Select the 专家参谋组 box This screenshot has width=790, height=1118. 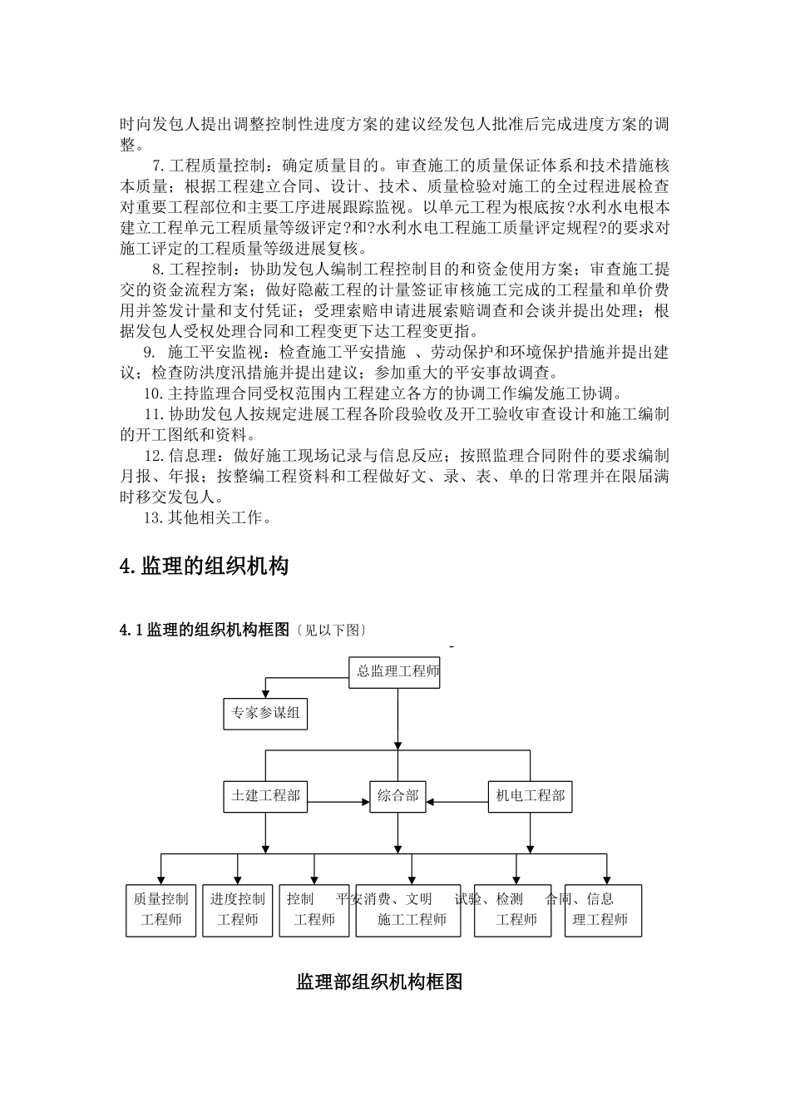coord(265,713)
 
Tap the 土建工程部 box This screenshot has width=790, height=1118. coord(265,796)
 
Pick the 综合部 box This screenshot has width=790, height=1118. coord(397,796)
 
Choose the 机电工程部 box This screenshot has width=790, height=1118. coord(530,796)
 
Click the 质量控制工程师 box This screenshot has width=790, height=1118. coord(161,910)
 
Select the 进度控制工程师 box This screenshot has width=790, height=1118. coord(238,910)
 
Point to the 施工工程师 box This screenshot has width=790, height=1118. coord(408,910)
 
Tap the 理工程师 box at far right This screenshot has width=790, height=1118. coord(603,910)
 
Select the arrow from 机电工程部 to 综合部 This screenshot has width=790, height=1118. coord(457,802)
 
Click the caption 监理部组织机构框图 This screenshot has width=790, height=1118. coord(379,982)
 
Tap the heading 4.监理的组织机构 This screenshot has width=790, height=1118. coord(205,566)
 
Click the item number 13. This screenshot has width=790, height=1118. coord(153,517)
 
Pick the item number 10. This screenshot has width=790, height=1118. coord(153,393)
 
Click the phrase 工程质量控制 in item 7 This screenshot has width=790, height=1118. coord(216,166)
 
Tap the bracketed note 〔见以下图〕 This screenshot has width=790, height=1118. coord(331,631)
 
